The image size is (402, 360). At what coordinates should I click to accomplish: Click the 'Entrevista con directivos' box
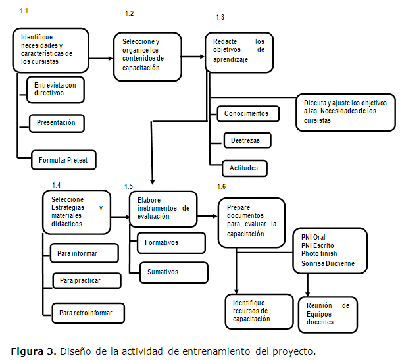(55, 90)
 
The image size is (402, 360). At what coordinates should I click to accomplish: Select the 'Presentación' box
(57, 122)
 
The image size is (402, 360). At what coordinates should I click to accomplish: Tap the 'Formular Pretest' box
(68, 160)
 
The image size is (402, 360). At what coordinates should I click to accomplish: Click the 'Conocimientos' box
(247, 113)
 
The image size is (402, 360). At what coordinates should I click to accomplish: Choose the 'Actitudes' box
(244, 168)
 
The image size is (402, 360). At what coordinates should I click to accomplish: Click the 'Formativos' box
(163, 243)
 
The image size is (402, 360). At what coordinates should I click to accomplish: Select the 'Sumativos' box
(168, 272)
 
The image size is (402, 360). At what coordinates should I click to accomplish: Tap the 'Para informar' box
(84, 253)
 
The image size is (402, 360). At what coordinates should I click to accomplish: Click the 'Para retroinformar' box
(88, 311)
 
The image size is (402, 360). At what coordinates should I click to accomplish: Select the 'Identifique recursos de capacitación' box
(259, 311)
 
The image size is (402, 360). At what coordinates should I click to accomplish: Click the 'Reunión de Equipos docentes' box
(328, 313)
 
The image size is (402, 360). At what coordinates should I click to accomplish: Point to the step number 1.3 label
(220, 16)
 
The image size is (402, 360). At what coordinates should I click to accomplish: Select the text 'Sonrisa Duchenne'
(328, 263)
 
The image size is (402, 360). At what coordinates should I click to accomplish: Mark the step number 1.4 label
(56, 185)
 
